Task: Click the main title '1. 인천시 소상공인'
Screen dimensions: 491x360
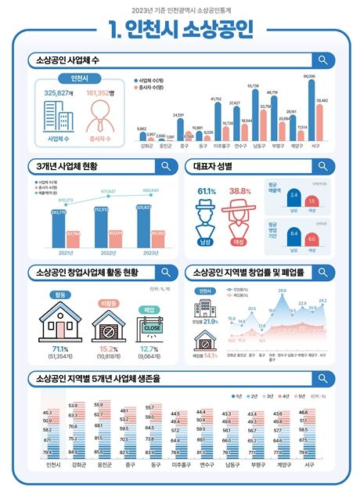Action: pos(179,31)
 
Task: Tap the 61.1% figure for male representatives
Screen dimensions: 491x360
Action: pos(207,191)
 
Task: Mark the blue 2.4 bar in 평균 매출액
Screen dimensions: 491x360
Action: pos(293,197)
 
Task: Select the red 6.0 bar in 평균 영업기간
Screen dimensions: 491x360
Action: pos(311,240)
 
